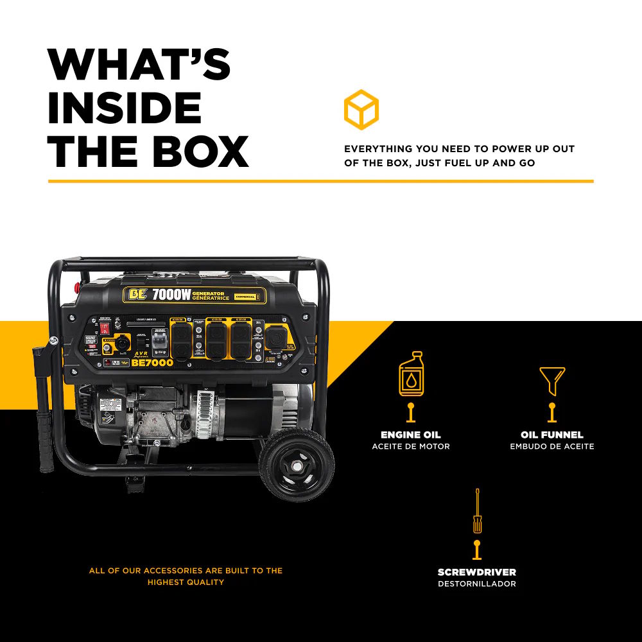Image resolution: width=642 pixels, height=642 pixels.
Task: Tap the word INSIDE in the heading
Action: pyautogui.click(x=125, y=108)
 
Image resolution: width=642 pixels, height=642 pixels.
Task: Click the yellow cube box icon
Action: pyautogui.click(x=361, y=110)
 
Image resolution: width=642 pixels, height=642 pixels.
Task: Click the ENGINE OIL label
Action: pyautogui.click(x=411, y=435)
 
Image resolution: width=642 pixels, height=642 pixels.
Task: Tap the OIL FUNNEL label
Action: pyautogui.click(x=552, y=435)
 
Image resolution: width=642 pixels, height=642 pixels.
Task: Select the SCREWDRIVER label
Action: pyautogui.click(x=477, y=572)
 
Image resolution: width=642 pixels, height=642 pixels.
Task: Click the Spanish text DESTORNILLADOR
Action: pyautogui.click(x=477, y=584)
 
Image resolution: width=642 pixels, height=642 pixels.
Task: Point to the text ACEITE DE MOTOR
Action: pyautogui.click(x=411, y=447)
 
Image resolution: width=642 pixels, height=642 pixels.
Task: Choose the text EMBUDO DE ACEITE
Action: pyautogui.click(x=552, y=447)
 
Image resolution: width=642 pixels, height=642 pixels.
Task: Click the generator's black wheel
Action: pyautogui.click(x=297, y=464)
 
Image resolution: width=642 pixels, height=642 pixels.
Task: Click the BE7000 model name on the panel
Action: pyautogui.click(x=153, y=363)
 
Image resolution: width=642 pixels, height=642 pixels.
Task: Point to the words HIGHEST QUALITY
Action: pyautogui.click(x=186, y=582)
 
